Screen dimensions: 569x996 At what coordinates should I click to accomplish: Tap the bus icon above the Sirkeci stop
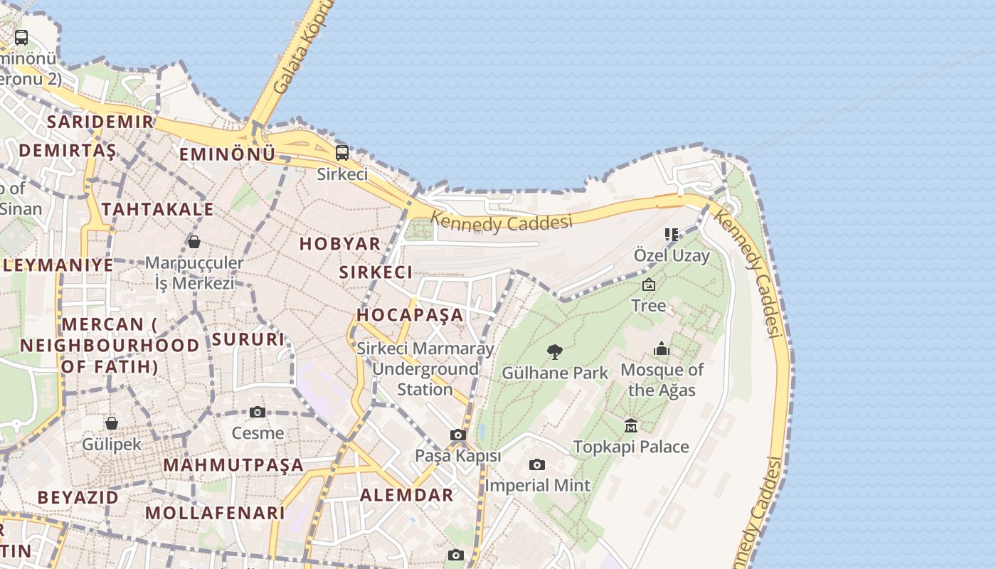(x=342, y=152)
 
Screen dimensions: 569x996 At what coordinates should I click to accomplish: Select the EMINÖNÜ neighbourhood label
(x=227, y=154)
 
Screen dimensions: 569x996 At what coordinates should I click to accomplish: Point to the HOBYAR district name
(x=340, y=244)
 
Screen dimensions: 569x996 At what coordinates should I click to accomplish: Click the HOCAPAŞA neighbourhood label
(x=410, y=315)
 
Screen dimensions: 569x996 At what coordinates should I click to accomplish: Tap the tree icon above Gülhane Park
(x=555, y=352)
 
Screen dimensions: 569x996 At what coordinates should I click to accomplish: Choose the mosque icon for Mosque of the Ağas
(x=662, y=349)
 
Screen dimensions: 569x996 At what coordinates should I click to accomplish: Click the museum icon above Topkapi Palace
(x=631, y=426)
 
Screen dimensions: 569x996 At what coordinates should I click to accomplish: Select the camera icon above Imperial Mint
(x=537, y=465)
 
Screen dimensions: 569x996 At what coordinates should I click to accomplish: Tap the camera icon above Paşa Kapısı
(x=458, y=435)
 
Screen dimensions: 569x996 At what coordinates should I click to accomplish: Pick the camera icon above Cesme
(x=258, y=413)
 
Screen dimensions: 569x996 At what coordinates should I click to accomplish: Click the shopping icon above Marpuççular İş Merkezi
(x=194, y=243)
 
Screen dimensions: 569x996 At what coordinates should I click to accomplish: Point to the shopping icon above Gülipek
(x=112, y=424)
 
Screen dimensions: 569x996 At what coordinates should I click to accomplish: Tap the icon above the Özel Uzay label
(x=671, y=234)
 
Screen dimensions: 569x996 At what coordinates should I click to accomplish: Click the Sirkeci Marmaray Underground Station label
(x=425, y=369)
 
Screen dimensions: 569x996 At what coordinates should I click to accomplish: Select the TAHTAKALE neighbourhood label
(x=157, y=209)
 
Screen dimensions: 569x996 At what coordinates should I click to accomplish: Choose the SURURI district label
(x=248, y=339)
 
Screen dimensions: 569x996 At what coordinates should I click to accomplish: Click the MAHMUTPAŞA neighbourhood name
(x=233, y=465)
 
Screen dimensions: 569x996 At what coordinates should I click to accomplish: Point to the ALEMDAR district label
(x=407, y=495)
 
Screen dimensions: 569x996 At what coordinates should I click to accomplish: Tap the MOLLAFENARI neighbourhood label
(x=215, y=513)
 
